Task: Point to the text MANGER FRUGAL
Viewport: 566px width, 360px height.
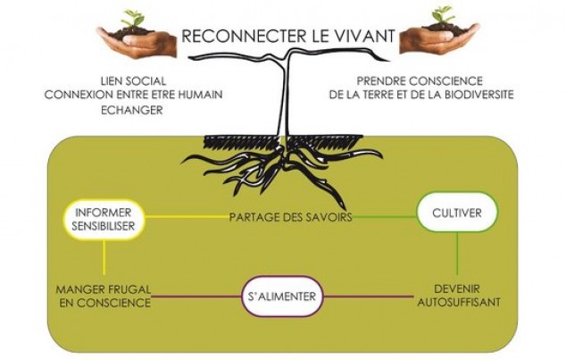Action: (x=104, y=289)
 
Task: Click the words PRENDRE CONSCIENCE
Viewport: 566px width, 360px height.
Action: (x=415, y=80)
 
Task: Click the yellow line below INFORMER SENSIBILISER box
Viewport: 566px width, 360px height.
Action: (x=104, y=258)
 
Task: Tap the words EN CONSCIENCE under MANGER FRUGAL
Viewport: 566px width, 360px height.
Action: (x=104, y=302)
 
